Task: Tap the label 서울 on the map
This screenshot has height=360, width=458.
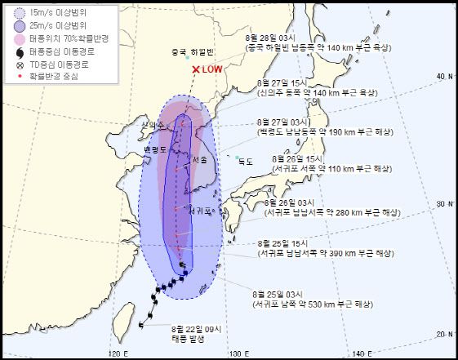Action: [199, 160]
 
